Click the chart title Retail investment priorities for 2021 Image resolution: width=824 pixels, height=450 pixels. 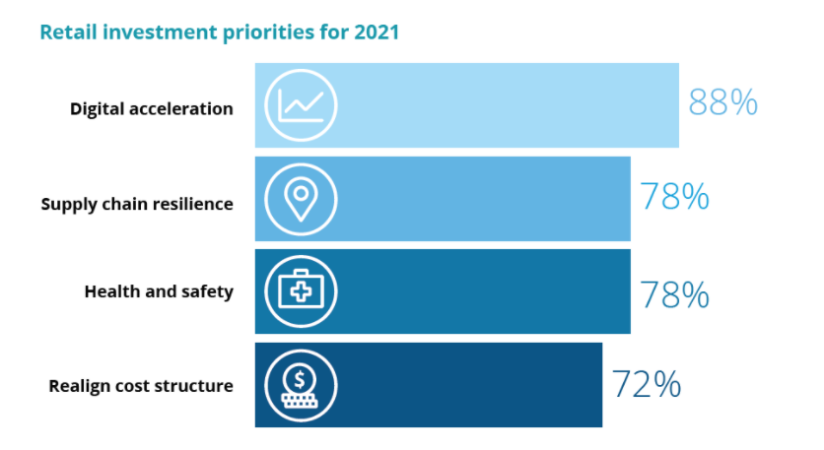(219, 32)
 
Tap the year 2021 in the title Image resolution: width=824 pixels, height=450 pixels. (377, 32)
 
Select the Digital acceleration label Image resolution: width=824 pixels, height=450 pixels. (152, 108)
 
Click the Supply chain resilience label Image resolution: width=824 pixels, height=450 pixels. (137, 204)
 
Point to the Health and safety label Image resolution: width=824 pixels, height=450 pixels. (159, 291)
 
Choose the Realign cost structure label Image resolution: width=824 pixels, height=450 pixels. (141, 385)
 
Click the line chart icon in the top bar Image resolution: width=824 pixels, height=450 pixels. (301, 104)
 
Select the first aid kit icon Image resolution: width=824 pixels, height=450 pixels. (301, 291)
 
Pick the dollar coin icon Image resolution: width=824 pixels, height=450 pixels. (301, 385)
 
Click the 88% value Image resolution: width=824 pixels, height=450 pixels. (722, 102)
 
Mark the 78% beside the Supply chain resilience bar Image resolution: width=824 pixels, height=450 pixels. (674, 197)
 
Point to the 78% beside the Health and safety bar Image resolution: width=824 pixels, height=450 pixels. (674, 293)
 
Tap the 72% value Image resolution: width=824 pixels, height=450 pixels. (646, 384)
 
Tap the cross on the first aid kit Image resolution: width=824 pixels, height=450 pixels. (301, 292)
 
